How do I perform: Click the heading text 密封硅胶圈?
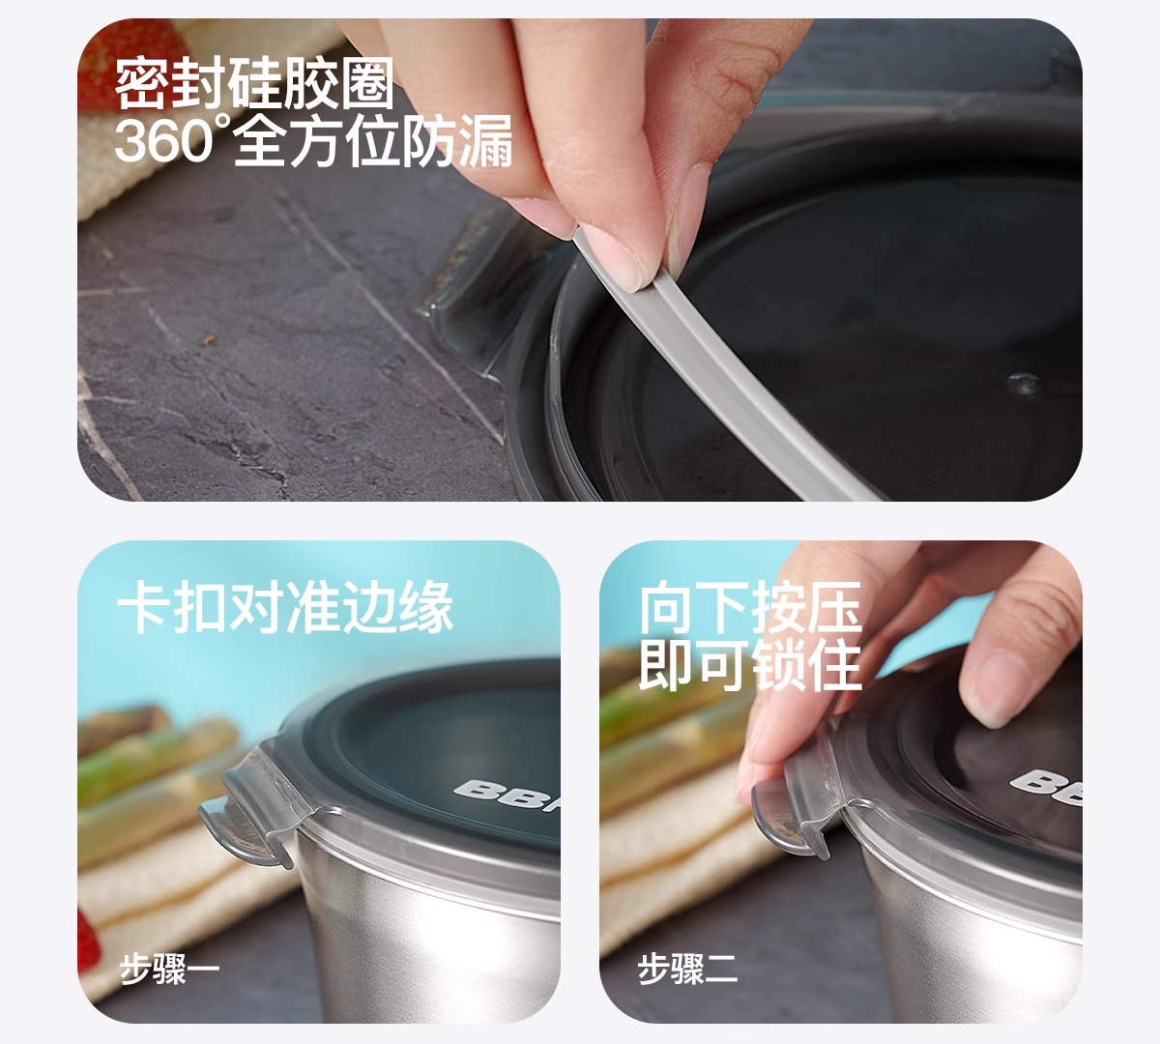pos(254,83)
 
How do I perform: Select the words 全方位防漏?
pos(373,140)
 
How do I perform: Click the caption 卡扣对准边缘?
pos(284,607)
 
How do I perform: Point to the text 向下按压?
pos(750,607)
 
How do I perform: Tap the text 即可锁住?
pos(750,664)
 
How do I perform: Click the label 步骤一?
pos(169,969)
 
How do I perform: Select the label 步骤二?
pos(687,969)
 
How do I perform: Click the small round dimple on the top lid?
pos(1025,383)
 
